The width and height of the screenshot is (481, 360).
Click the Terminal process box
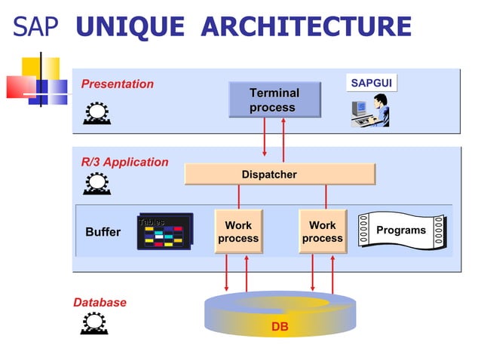tap(274, 100)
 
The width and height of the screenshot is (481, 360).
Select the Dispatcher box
tap(279, 174)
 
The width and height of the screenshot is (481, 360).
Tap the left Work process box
tap(238, 231)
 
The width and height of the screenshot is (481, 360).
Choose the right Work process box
tap(323, 231)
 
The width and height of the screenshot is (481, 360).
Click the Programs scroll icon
tap(401, 230)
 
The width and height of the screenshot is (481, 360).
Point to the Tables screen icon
tap(164, 232)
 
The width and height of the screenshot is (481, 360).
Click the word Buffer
tap(103, 232)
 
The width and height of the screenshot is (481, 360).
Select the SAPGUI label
tap(371, 83)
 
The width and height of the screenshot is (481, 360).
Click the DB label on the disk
tap(280, 327)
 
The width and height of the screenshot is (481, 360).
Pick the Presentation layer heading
tap(118, 84)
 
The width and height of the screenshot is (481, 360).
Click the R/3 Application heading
tap(125, 162)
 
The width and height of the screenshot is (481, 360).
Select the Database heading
tap(100, 302)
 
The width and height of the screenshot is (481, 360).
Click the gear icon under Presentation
tap(97, 111)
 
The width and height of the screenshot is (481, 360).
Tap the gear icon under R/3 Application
tap(97, 183)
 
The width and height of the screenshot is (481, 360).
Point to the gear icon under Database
tap(93, 322)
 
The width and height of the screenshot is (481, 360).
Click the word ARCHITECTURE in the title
tap(308, 28)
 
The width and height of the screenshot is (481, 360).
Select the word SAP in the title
tap(35, 28)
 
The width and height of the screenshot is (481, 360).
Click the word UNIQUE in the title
tap(130, 28)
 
